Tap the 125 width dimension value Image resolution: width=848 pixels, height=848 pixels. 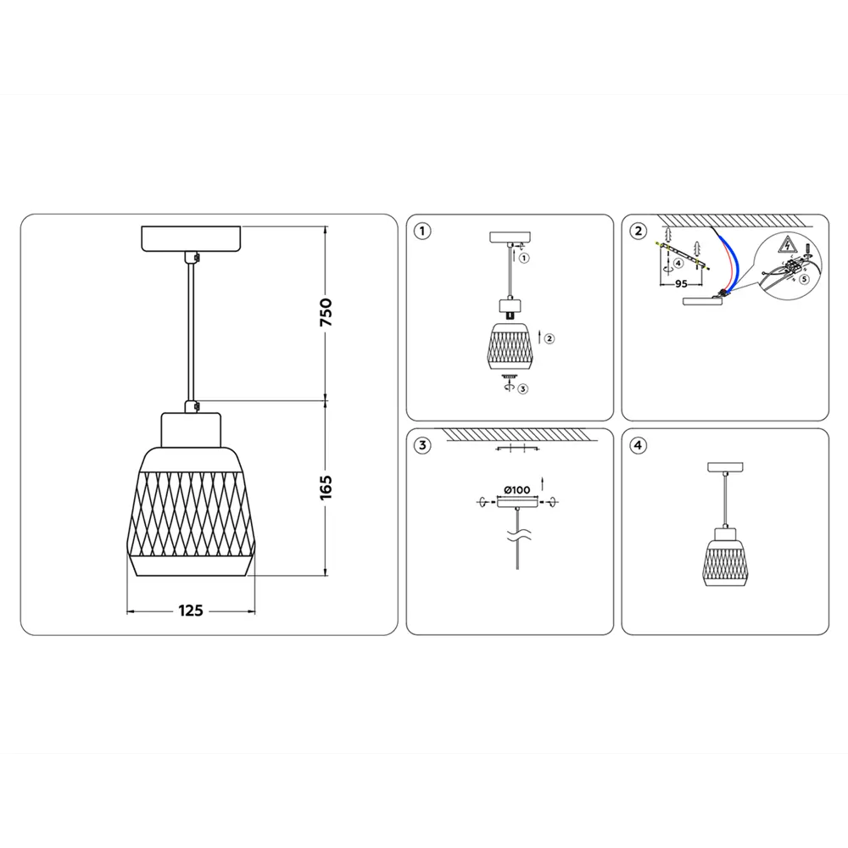(x=191, y=611)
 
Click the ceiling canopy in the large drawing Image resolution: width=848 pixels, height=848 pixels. (x=191, y=237)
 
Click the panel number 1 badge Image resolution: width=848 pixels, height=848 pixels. (x=422, y=230)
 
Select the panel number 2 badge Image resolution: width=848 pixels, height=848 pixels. (x=638, y=230)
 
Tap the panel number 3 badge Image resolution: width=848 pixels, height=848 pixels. (x=422, y=445)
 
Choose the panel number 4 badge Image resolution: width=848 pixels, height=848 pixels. (x=638, y=445)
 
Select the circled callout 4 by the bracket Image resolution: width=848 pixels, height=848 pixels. (x=678, y=264)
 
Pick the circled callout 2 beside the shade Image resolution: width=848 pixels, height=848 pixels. (x=550, y=338)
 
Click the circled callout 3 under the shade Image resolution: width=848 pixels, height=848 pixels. (x=523, y=389)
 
